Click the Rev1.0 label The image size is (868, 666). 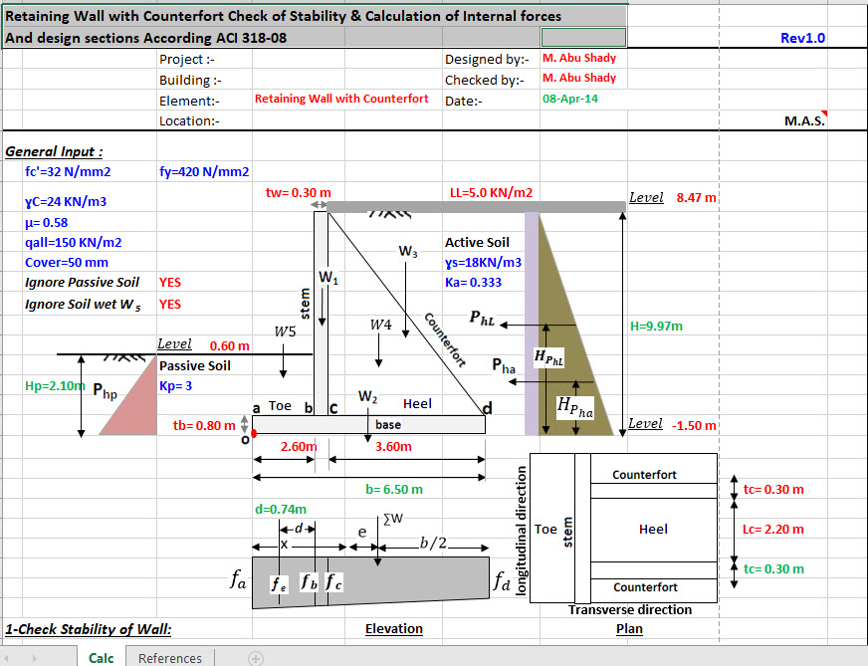[x=802, y=38]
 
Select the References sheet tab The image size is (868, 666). [x=170, y=658]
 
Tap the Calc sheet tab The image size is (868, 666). [x=102, y=658]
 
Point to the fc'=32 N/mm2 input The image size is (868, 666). [x=68, y=171]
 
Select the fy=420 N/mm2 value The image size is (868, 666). [x=204, y=171]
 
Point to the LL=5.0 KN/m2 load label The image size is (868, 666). [x=491, y=192]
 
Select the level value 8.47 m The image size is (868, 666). [x=696, y=198]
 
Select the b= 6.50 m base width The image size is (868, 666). [x=394, y=489]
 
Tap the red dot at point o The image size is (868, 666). [x=254, y=433]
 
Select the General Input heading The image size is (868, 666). [x=54, y=151]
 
